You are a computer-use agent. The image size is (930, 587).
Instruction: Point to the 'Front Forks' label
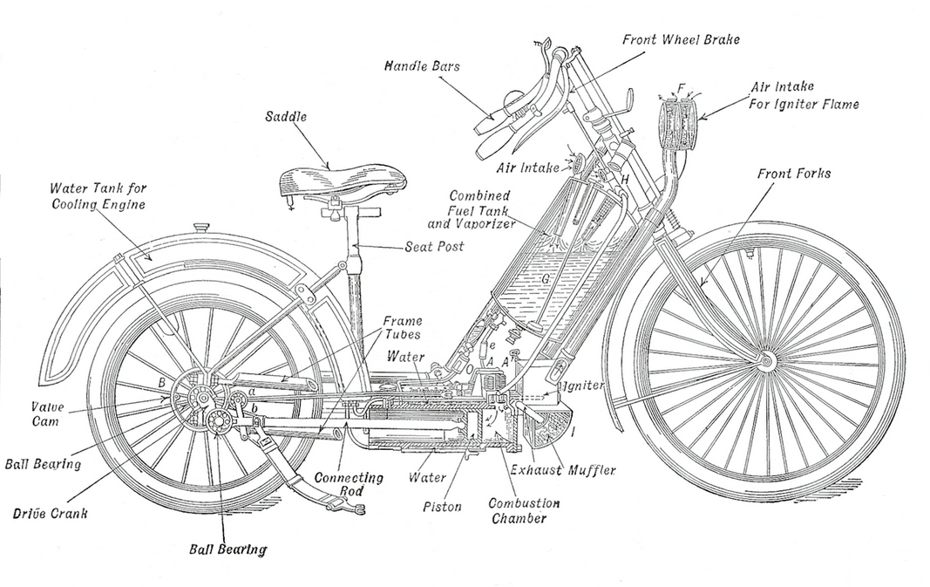click(793, 174)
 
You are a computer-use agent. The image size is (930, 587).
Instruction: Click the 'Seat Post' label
click(434, 247)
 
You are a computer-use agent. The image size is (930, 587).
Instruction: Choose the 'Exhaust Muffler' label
click(563, 470)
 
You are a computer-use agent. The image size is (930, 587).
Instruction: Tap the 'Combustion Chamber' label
click(523, 511)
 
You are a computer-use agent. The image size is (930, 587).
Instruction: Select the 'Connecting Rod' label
click(349, 485)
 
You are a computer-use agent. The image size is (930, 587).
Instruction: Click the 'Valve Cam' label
click(48, 413)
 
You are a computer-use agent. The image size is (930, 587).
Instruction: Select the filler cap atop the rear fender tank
click(202, 229)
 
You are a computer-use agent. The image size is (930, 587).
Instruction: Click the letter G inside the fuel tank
click(545, 280)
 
